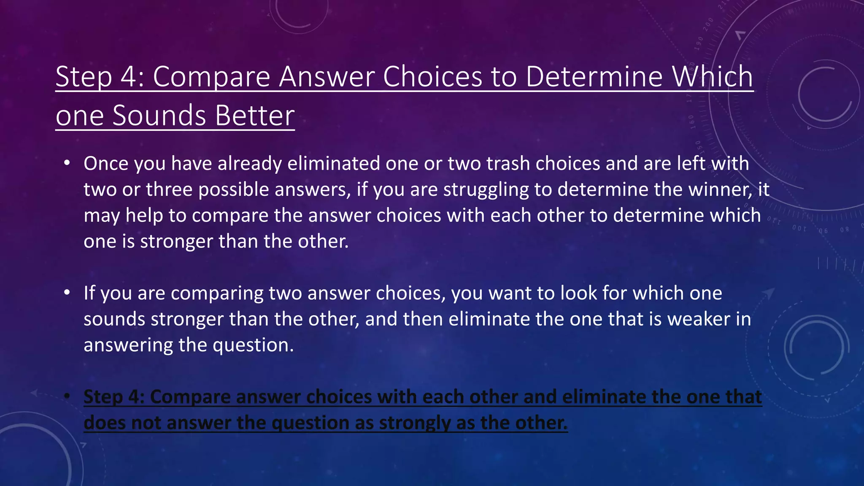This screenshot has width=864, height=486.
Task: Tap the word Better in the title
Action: [x=254, y=116]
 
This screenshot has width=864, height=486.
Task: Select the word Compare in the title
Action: [x=211, y=77]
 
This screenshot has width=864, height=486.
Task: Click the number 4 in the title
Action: [x=127, y=77]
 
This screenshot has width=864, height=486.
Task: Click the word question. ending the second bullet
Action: [x=253, y=346]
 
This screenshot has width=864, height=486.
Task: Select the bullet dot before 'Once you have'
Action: [x=67, y=164]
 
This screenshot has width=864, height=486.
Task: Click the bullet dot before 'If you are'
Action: [x=67, y=293]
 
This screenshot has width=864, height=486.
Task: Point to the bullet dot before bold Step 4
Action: [x=67, y=397]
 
